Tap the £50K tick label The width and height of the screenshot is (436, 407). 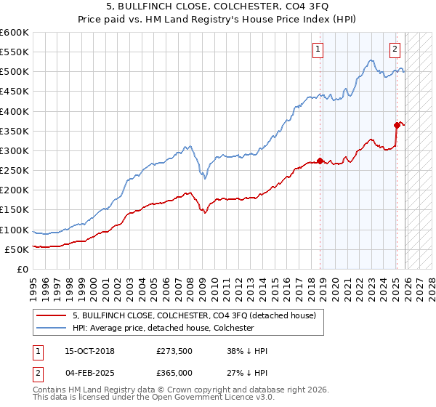click(17, 249)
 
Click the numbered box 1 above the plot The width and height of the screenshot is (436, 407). click(318, 49)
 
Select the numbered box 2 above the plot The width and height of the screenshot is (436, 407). click(395, 49)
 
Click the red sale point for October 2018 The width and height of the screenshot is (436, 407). click(320, 161)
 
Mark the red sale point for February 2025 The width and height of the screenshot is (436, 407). click(397, 125)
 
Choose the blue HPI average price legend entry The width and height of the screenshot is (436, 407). click(163, 328)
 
